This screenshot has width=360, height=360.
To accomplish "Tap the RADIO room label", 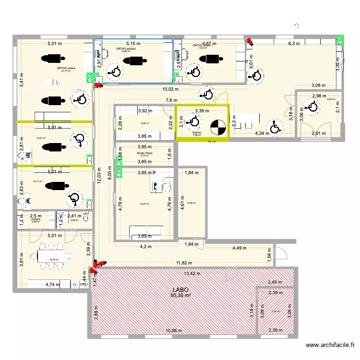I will pos(196,132).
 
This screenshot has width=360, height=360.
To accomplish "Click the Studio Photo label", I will pos(141,153).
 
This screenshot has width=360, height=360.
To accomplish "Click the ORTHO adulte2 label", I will pos(126,48).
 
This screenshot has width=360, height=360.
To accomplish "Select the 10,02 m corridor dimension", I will pos(170,89).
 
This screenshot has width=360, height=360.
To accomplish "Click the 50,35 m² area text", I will pos(180,296).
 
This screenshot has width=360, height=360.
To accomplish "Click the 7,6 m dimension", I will pos(172,100).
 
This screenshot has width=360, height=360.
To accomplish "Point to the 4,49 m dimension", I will pos(239,248).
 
